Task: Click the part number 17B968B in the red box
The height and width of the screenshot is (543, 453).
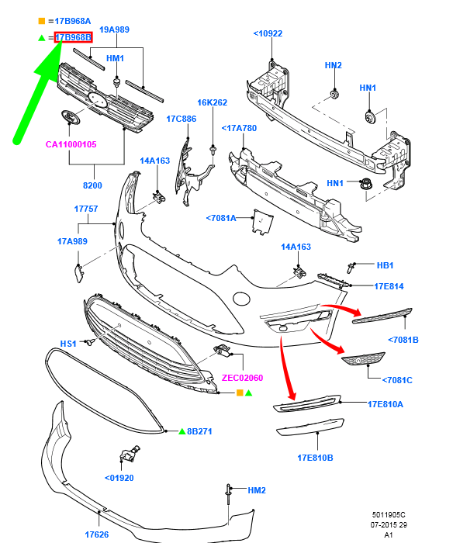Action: (x=74, y=36)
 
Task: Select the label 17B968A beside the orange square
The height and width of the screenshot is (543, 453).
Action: (x=73, y=20)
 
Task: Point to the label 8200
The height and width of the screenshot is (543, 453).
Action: (x=92, y=185)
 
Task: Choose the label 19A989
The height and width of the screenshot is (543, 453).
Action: (x=114, y=29)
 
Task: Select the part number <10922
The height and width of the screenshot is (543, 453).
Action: (x=268, y=33)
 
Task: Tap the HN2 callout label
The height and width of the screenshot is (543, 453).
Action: (x=334, y=66)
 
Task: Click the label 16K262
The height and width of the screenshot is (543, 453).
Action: (x=212, y=102)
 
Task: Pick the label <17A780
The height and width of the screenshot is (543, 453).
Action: (x=239, y=128)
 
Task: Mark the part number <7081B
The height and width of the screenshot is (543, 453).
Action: (x=403, y=339)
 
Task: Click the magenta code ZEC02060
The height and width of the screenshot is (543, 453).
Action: (x=243, y=378)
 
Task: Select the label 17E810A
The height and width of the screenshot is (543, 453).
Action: (x=386, y=403)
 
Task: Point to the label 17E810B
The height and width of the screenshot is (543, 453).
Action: (x=315, y=458)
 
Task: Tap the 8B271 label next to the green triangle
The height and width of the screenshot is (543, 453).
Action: (x=199, y=431)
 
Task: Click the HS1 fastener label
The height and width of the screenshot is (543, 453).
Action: (x=68, y=343)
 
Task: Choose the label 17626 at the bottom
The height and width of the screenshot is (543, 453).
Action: (x=97, y=534)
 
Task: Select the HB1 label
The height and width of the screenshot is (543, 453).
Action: (x=386, y=265)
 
